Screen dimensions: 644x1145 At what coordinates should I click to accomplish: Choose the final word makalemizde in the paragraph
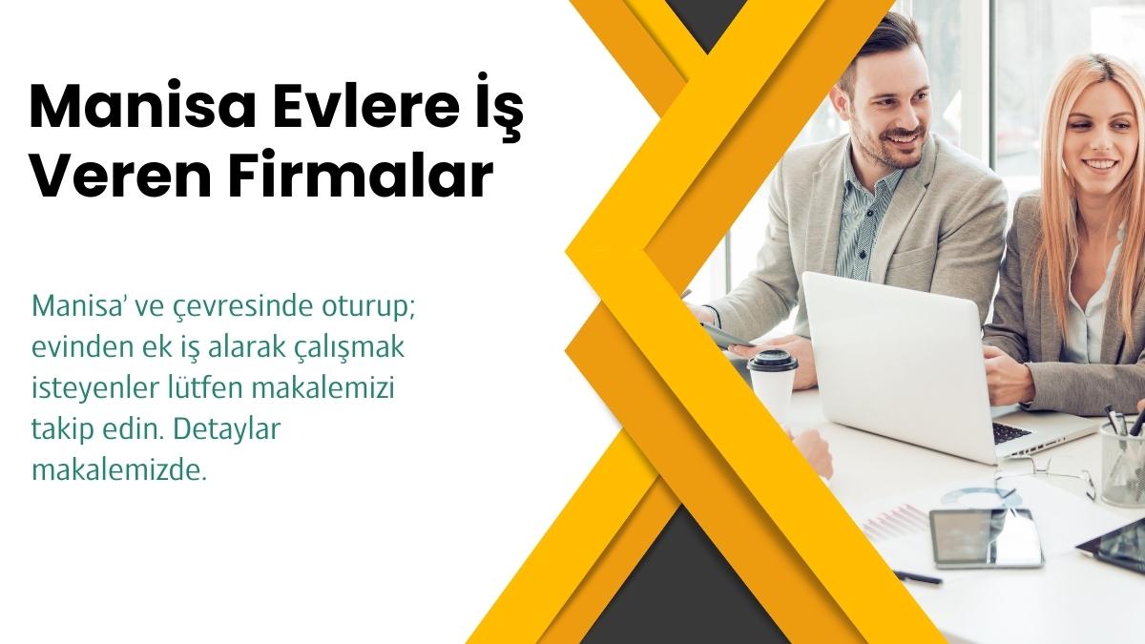(118, 471)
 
